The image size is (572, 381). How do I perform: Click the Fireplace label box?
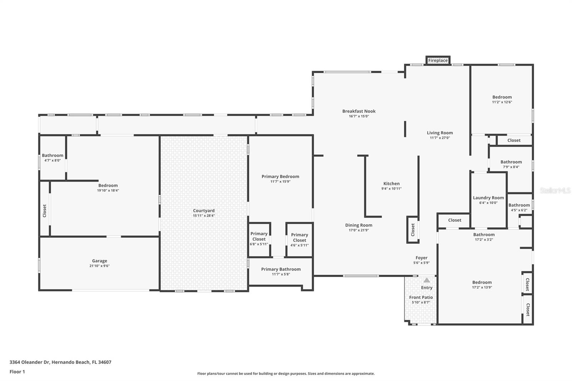tap(438, 60)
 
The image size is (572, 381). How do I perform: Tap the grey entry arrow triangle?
tap(427, 280)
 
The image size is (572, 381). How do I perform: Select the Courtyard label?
tap(204, 211)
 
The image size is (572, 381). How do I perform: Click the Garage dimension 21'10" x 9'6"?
tap(99, 266)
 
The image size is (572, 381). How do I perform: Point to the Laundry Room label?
tap(488, 198)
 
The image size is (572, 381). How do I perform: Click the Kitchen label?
tap(391, 183)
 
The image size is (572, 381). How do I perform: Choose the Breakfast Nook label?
tap(359, 111)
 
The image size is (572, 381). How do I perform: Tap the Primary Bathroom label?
tap(281, 269)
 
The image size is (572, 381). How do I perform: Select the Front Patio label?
tap(421, 297)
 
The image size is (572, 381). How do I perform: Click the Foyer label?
tap(421, 258)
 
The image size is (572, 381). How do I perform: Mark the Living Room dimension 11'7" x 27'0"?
tap(440, 138)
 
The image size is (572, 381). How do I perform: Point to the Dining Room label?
tap(359, 225)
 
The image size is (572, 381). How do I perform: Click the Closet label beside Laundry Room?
tap(455, 220)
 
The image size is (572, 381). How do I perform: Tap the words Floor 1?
tap(17, 372)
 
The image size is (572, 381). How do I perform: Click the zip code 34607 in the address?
tap(105, 362)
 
